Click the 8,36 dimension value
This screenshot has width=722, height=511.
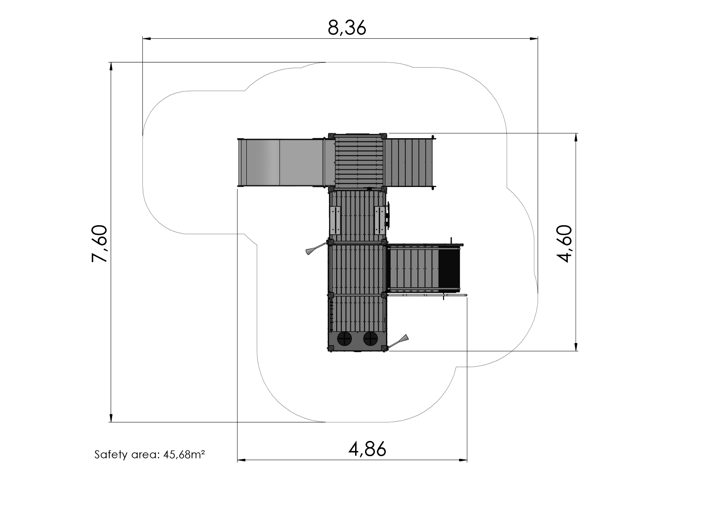pos(347,28)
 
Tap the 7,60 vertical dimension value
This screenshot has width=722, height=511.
pos(99,244)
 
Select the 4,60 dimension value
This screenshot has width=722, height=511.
pos(564,244)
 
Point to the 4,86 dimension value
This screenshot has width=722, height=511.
pos(367,449)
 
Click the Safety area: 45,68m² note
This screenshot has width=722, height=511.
pos(149,454)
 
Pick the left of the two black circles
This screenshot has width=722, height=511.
pos(345,339)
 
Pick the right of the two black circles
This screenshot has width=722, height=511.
pos(370,339)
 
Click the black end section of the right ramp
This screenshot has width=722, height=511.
pos(449,268)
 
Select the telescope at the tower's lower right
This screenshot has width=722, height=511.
pos(399,342)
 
